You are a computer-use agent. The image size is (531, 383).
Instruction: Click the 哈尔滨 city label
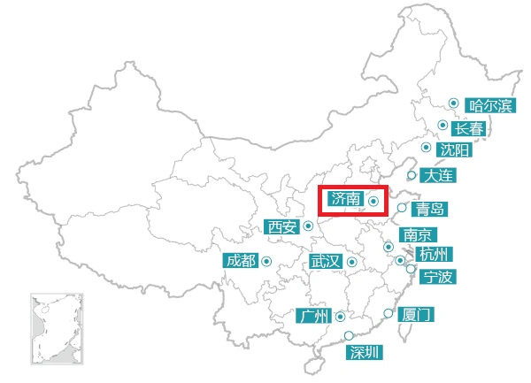[x=490, y=106]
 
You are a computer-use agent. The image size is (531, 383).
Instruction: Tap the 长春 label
[x=470, y=129]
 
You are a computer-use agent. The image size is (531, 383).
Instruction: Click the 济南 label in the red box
[x=345, y=200]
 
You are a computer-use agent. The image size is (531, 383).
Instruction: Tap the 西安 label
[x=282, y=227]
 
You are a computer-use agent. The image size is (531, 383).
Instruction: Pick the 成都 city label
[x=240, y=261]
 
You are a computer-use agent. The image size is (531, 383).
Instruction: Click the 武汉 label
[x=325, y=262]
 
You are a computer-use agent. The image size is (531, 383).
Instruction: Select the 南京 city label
[x=417, y=235]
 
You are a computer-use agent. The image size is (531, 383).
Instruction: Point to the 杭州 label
[x=436, y=255]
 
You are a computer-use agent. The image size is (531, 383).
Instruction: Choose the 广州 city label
[x=313, y=316]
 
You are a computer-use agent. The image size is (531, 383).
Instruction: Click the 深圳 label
[x=365, y=353]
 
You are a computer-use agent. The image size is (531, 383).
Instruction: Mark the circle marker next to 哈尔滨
[x=453, y=103]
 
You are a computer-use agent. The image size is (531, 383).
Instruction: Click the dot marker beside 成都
[x=266, y=260]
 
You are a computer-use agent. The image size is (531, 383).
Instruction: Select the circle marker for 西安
[x=308, y=226]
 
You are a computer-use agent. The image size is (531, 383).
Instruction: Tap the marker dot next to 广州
[x=340, y=316]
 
